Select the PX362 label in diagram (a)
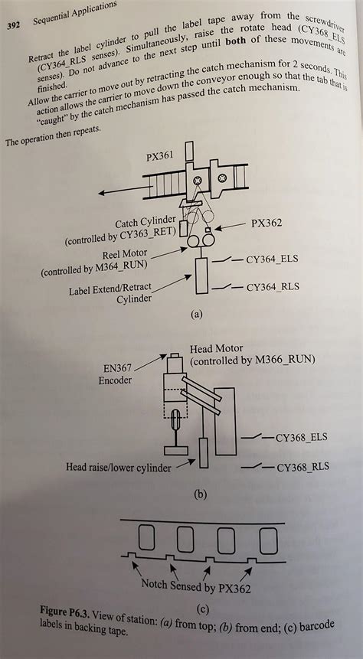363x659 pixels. pos(266,223)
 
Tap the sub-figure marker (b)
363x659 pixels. pos(201,494)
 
